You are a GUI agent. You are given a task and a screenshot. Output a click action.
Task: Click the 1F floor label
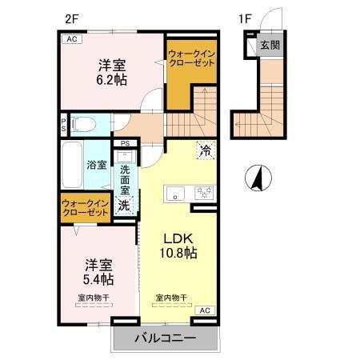tap(245, 14)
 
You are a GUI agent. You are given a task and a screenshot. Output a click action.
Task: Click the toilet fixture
tap(83, 124)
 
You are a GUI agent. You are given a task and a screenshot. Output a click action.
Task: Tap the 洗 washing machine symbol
tap(126, 204)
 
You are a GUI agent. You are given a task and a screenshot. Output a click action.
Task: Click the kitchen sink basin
tap(175, 193)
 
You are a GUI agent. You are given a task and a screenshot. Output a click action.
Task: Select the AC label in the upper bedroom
tap(71, 38)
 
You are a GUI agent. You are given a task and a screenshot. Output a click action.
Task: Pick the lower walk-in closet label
tap(85, 208)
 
